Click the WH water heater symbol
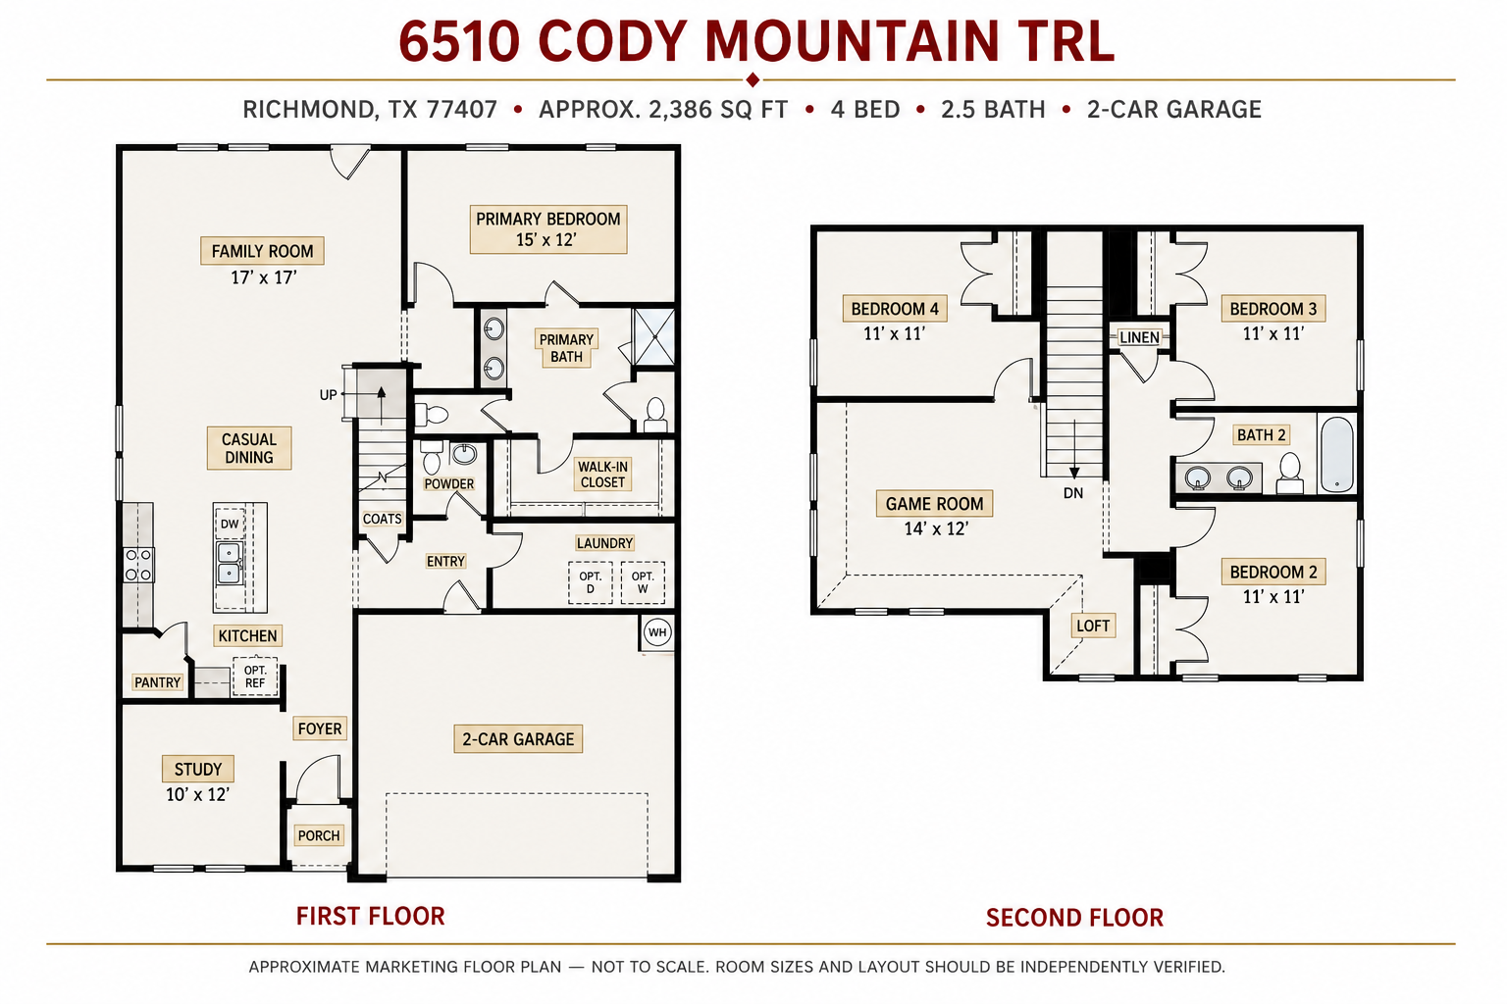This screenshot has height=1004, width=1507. click(656, 632)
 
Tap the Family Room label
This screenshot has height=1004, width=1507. click(262, 251)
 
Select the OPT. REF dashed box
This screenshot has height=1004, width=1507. click(255, 677)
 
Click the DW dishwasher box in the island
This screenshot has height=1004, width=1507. click(230, 524)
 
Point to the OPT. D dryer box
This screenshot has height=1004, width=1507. click(590, 582)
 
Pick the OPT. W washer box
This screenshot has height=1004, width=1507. click(643, 582)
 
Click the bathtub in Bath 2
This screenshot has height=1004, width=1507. click(1336, 455)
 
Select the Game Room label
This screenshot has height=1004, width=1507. click(934, 504)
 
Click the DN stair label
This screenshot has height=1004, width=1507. click(1073, 493)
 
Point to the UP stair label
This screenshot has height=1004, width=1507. click(329, 395)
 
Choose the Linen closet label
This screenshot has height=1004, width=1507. click(1139, 337)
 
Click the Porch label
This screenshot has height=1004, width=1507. click(319, 835)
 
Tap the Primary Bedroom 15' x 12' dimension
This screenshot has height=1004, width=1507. click(546, 240)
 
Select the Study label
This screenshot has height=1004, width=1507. click(198, 770)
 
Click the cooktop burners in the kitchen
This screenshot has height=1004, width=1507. click(138, 565)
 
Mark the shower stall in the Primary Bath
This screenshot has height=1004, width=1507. click(654, 337)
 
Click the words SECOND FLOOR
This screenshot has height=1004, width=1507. click(1074, 918)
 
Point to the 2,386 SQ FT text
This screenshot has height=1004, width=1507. click(718, 110)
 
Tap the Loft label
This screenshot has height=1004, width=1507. click(1093, 626)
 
